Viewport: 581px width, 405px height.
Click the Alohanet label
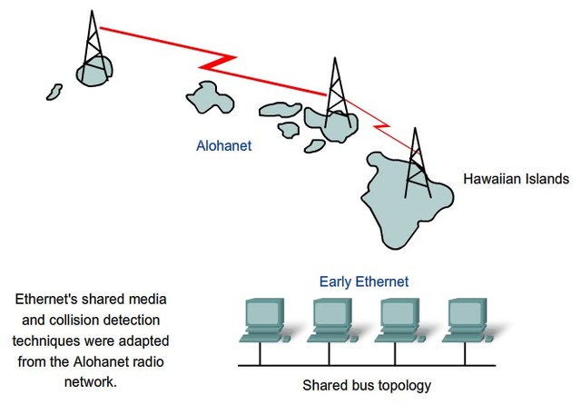click(225, 144)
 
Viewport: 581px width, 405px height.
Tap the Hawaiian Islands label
click(516, 178)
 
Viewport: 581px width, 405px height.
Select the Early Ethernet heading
click(363, 281)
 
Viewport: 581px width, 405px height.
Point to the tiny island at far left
click(54, 92)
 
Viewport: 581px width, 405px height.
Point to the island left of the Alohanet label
click(206, 95)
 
